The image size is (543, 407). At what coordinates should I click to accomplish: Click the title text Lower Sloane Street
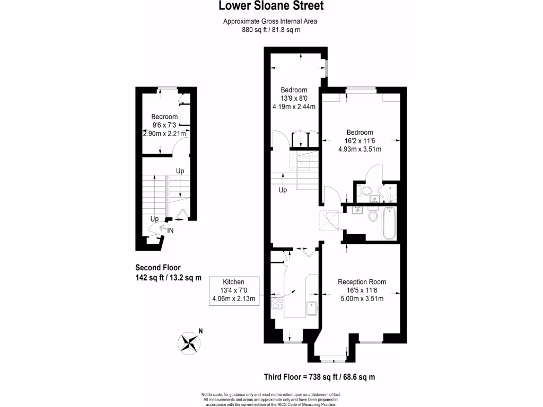271,6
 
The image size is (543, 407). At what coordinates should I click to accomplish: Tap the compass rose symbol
189,341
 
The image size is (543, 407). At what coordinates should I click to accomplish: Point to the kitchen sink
312,306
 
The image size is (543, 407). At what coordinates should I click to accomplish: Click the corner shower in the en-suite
390,194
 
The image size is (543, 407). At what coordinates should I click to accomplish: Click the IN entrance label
170,231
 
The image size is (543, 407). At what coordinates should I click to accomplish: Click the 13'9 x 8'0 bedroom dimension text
293,98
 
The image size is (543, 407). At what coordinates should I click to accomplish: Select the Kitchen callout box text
233,290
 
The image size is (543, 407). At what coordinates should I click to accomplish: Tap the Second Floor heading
157,267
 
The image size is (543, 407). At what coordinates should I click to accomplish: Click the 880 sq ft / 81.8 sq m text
271,30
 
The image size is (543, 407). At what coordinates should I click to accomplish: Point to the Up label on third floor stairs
283,190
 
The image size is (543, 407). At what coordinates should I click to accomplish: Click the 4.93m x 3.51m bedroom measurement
360,149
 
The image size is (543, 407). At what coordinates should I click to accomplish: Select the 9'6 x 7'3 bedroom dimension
164,125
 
